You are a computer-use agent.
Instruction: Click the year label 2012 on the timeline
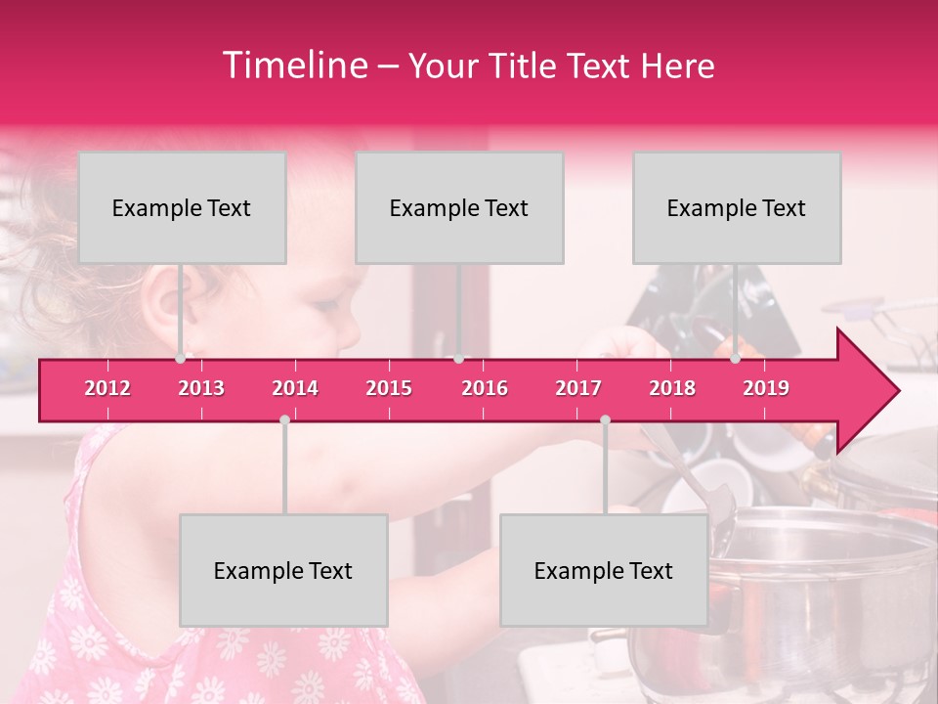click(107, 388)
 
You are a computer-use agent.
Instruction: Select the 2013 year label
click(201, 388)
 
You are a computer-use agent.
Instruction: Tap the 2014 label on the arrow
click(295, 388)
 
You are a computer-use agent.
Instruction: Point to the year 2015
click(389, 388)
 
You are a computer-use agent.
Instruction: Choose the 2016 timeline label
click(485, 388)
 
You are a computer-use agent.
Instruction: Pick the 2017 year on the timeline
click(578, 388)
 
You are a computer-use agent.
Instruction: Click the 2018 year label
click(672, 388)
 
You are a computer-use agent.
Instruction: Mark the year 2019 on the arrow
click(766, 388)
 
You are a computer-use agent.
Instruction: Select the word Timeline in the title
click(294, 66)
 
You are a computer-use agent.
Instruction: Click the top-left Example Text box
click(182, 207)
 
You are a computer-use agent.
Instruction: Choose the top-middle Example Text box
click(459, 207)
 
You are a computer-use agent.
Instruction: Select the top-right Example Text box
click(737, 207)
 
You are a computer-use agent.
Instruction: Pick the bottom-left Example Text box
click(283, 570)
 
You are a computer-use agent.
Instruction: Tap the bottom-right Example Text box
click(604, 570)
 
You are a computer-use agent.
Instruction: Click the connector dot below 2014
click(284, 419)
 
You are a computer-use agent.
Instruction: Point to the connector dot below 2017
click(605, 419)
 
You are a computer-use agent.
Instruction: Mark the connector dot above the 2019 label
click(736, 359)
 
